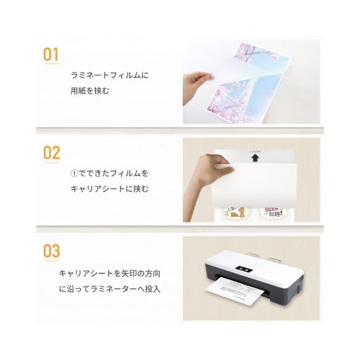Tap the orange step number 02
(x=52, y=153)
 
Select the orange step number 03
(x=52, y=251)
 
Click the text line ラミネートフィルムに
(x=109, y=75)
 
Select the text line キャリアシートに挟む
(x=109, y=189)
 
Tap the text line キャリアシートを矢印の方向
(x=115, y=274)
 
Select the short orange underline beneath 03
(x=52, y=262)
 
